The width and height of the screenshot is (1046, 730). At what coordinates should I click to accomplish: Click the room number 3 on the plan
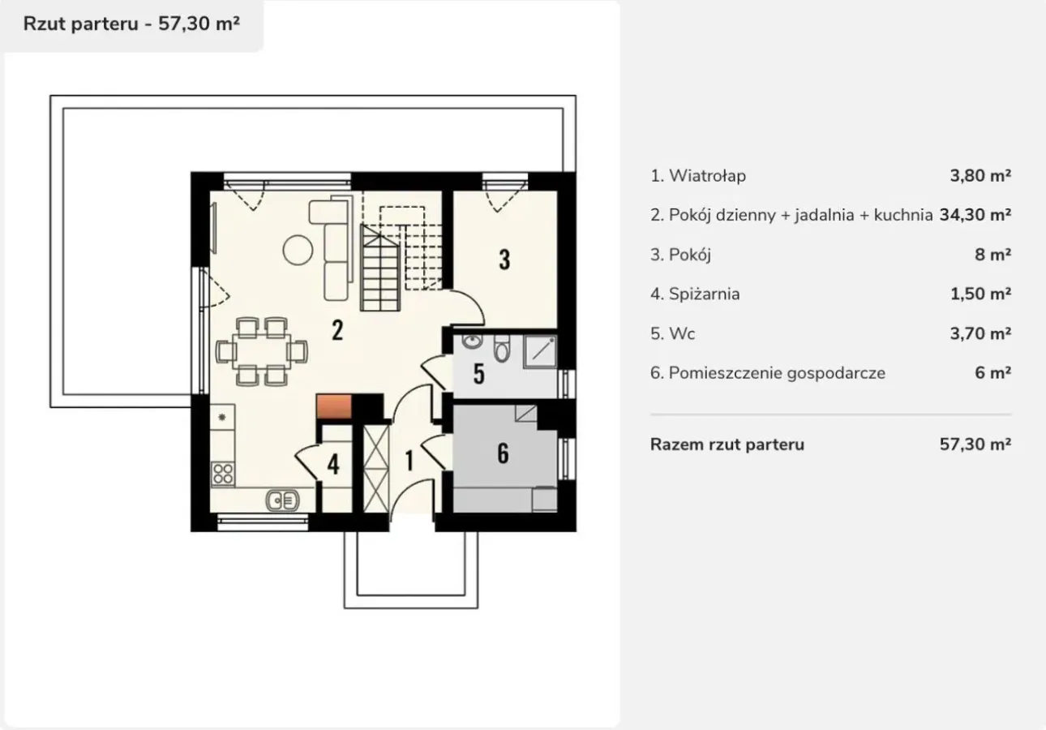tap(504, 260)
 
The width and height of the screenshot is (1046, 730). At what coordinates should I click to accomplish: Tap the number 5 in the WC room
tap(478, 374)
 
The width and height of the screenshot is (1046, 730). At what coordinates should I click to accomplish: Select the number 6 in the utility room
tap(503, 453)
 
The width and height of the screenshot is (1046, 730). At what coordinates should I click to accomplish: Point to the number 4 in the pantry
tap(333, 464)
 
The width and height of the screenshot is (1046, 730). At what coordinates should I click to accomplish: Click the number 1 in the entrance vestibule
tap(409, 461)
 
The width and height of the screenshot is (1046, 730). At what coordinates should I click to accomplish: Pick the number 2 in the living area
tap(337, 330)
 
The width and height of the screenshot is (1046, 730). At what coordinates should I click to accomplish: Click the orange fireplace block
tap(334, 406)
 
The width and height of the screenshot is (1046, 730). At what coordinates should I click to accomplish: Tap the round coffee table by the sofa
tap(298, 250)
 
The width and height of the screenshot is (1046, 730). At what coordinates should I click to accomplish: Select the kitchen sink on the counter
tap(282, 500)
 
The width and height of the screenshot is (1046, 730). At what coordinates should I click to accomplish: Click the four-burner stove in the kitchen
tap(222, 474)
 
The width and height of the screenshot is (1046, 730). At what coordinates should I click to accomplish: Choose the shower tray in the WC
tap(540, 351)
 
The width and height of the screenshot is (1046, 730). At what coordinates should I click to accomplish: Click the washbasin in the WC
tap(473, 341)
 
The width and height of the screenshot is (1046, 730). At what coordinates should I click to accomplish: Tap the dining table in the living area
tap(261, 352)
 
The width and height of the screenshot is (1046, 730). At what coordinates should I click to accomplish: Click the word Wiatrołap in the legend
tap(707, 176)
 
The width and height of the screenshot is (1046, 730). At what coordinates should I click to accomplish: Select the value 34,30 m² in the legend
tap(975, 215)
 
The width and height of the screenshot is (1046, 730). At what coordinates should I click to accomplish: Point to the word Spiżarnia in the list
tap(704, 294)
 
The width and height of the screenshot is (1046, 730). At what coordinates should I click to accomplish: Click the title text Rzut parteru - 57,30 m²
tap(131, 24)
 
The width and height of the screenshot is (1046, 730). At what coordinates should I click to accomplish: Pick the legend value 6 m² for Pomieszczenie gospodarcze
tap(992, 373)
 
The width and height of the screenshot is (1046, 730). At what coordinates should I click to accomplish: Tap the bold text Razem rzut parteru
tap(727, 444)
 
